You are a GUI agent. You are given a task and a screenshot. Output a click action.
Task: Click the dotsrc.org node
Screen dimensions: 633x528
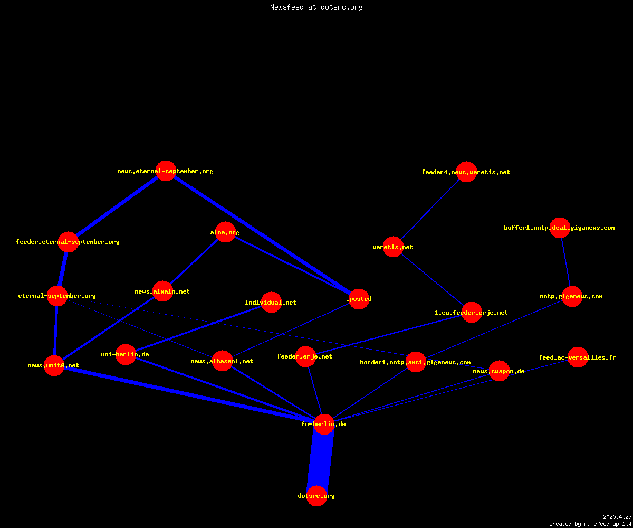coord(316,496)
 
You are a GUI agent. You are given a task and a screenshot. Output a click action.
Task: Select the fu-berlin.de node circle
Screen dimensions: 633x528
coord(324,424)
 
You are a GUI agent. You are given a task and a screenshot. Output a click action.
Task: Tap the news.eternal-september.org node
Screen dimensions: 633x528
coord(166,171)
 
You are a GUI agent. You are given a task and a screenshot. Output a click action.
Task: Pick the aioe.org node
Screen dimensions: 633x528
coord(225,232)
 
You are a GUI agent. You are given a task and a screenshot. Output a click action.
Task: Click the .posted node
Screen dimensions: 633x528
coord(359,299)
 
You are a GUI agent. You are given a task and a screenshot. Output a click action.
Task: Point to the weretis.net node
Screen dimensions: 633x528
coord(393,247)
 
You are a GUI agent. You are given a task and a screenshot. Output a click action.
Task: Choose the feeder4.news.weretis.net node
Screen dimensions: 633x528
coord(466,172)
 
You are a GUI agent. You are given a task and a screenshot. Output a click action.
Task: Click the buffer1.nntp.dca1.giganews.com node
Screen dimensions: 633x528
coord(560,228)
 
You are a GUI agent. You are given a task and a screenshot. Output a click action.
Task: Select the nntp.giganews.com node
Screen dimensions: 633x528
coord(572,296)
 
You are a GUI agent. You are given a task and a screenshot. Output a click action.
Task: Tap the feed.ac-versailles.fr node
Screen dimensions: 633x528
coord(578,357)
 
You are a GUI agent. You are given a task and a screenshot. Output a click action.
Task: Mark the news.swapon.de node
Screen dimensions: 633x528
coord(500,371)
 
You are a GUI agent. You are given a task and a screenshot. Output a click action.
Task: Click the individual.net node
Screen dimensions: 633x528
coord(271,302)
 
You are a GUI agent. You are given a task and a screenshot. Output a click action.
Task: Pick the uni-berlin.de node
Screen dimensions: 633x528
coord(126,354)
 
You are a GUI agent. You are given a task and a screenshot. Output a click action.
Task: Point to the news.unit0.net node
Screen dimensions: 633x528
coord(54,365)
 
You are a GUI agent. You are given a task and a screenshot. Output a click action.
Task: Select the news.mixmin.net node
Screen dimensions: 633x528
coord(163,291)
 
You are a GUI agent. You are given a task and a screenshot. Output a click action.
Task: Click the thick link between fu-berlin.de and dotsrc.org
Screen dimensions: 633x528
coord(320,460)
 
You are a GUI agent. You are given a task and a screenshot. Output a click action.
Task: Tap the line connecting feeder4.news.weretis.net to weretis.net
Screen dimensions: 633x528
coord(430,210)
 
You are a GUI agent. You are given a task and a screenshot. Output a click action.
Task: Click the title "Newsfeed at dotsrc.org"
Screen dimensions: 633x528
coord(316,7)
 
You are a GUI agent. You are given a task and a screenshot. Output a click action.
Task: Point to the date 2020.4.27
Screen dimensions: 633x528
coord(617,517)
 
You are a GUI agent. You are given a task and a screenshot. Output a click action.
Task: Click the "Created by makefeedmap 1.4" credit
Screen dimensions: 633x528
coord(590,524)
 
